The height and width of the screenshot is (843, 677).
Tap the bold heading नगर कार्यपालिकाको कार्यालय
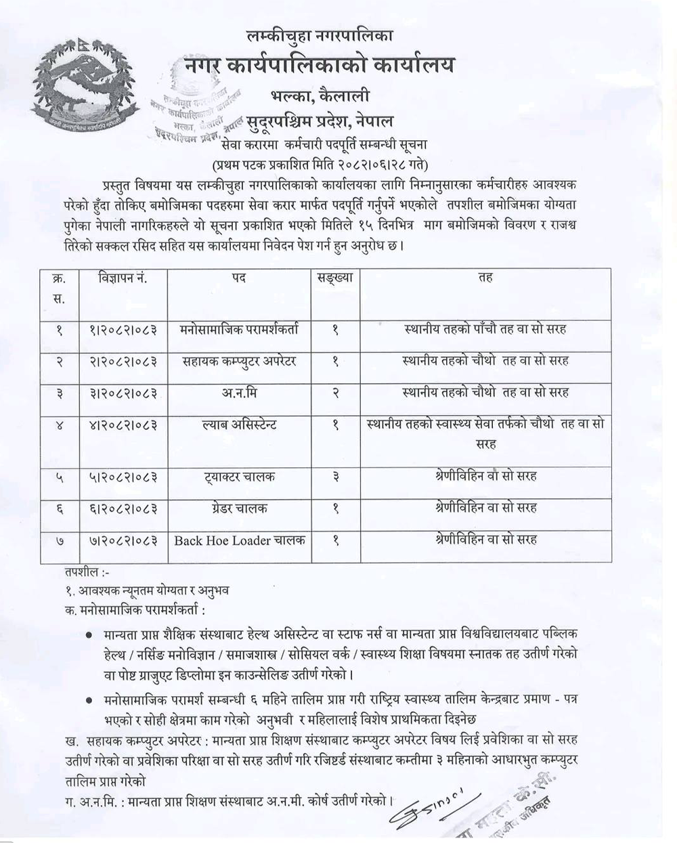[320, 66]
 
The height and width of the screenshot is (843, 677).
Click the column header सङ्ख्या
[336, 278]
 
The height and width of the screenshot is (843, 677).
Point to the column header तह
[485, 278]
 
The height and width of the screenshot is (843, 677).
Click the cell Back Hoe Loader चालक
[240, 540]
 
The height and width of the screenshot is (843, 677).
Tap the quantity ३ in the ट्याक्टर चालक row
[336, 477]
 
